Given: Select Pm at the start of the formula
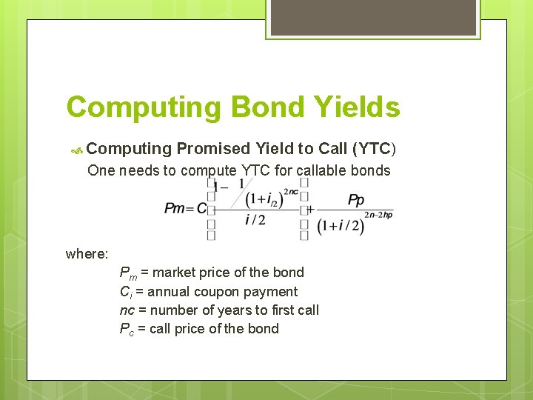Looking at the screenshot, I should pos(175,208).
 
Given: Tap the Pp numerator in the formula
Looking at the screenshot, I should pos(356,200).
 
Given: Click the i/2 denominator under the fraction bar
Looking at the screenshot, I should pos(255,220).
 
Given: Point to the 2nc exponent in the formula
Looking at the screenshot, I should pos(291,191).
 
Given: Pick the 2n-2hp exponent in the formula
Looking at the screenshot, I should pos(378,215).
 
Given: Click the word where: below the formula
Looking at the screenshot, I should pos(87,254).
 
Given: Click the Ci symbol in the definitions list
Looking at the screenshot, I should pos(125,293).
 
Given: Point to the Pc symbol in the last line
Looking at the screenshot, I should pos(126,330).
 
